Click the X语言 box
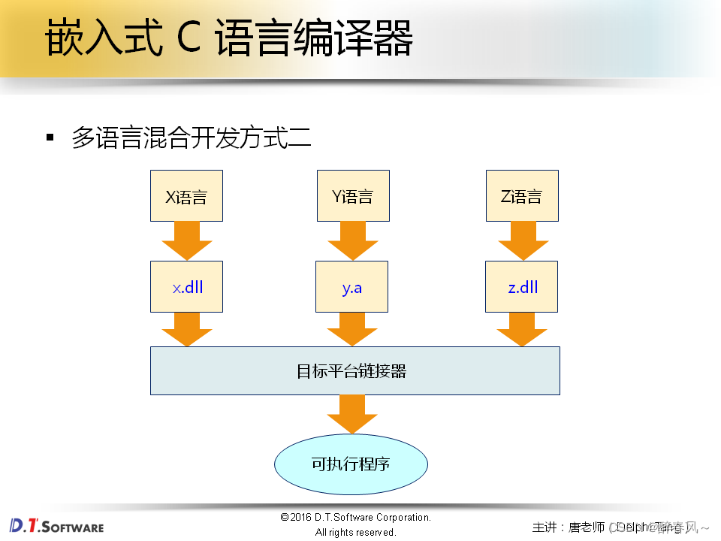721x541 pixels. point(186,196)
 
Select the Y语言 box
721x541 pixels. point(352,196)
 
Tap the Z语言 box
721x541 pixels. point(522,196)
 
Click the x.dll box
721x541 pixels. point(186,287)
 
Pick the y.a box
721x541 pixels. point(352,287)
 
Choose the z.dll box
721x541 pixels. point(522,287)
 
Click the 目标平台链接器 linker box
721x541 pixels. point(354,370)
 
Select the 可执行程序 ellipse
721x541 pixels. point(351,464)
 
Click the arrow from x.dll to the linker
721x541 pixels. point(186,329)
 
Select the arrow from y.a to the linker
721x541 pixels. point(352,329)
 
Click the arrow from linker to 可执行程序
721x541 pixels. point(351,413)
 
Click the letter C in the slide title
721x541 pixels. point(189,39)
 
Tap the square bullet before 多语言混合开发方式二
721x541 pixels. point(50,138)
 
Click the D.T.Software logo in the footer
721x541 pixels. point(57,525)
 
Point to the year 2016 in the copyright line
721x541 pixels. point(302,517)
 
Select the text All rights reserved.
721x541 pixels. point(355,532)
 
